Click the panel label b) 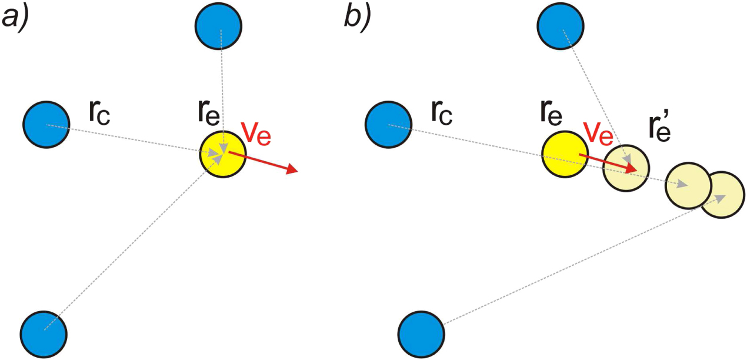tap(357, 18)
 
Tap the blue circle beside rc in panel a tap(46, 124)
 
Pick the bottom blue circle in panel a tap(44, 331)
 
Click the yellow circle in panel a tap(222, 154)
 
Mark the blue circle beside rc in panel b tap(388, 124)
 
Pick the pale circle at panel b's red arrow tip tap(626, 168)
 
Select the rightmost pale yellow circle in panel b tap(723, 195)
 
